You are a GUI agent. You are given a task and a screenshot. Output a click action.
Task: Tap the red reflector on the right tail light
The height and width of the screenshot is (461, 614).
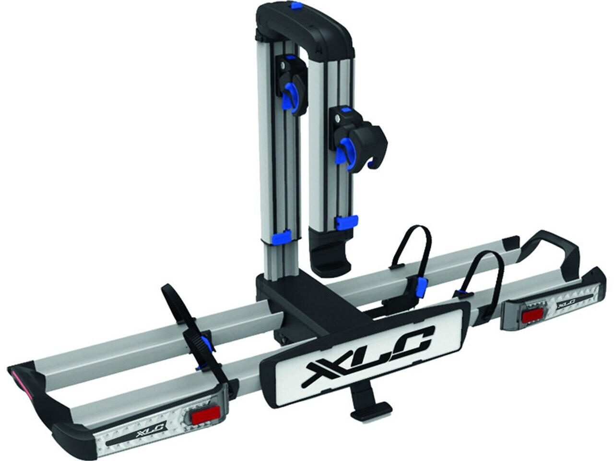pos(532,315)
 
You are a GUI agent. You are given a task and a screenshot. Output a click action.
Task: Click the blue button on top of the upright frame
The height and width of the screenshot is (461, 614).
pos(295,7)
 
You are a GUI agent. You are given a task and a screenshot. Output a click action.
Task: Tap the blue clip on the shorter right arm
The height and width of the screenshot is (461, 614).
pos(346,222)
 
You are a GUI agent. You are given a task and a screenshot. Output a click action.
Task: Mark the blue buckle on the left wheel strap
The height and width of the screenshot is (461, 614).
pos(206,343)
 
